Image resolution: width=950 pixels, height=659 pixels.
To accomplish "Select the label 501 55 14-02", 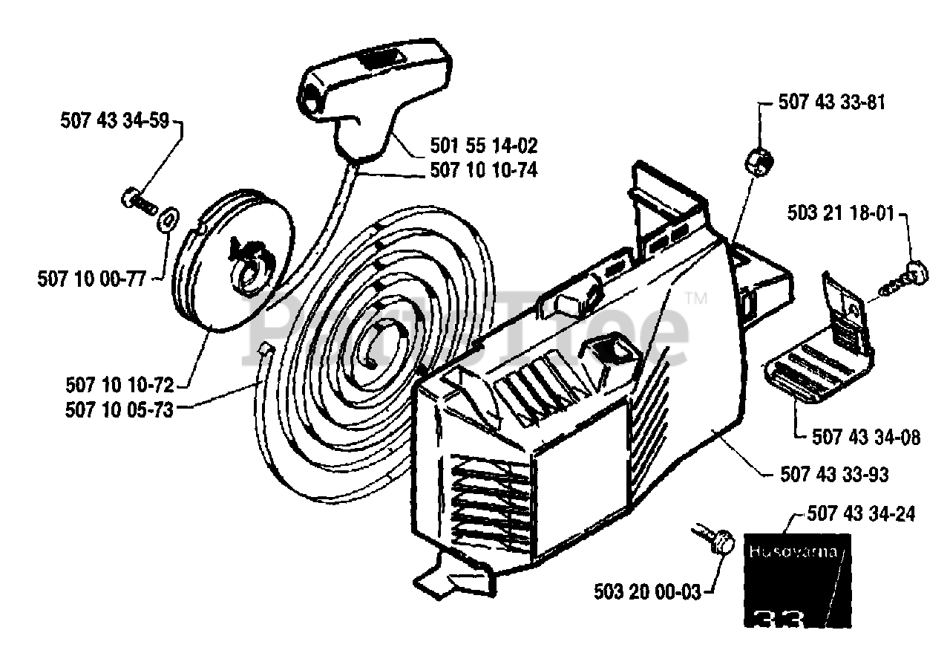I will click(483, 145).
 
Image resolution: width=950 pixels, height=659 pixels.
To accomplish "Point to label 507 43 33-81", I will click(831, 103).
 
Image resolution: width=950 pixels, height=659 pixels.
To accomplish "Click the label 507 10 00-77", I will click(90, 279).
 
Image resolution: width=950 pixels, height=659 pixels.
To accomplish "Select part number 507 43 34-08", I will click(866, 437).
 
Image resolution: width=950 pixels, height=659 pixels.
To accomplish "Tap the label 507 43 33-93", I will click(835, 473).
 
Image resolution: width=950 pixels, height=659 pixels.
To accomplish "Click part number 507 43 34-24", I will click(862, 513).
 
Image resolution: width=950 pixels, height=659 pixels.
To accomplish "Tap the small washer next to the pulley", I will click(168, 218).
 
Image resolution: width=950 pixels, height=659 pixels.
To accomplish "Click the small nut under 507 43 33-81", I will click(759, 160).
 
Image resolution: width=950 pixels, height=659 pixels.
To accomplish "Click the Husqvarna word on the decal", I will click(793, 553).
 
